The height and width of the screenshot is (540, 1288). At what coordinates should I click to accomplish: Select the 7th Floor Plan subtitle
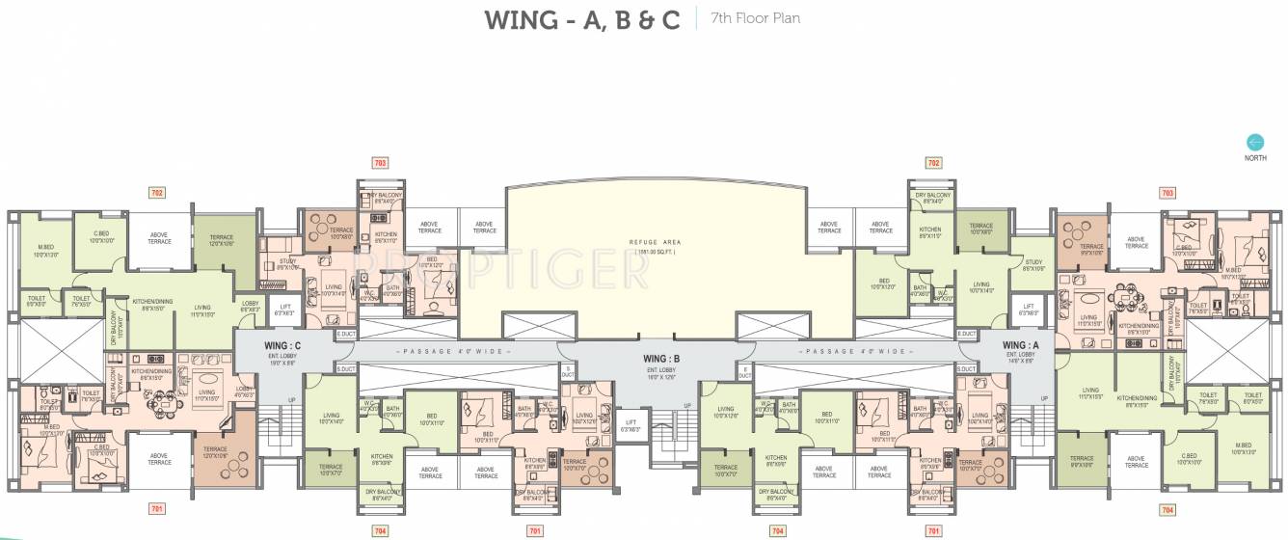click(x=755, y=17)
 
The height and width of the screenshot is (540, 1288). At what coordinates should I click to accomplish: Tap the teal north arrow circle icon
click(x=1254, y=143)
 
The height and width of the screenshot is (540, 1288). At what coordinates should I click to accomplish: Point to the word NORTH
click(x=1254, y=158)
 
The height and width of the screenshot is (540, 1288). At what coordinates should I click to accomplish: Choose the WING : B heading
click(x=662, y=359)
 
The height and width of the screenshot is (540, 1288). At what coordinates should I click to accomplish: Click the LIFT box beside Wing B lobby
click(x=630, y=424)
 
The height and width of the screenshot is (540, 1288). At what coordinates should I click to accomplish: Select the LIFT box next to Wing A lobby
click(x=1028, y=309)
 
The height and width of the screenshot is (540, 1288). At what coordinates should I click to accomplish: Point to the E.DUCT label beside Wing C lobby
click(x=345, y=334)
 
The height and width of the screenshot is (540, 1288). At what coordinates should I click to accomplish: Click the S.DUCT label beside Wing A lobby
click(x=966, y=369)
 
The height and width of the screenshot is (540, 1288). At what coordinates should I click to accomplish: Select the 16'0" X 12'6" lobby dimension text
click(x=662, y=376)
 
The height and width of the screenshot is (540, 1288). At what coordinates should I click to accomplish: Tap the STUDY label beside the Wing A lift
click(x=1033, y=265)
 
